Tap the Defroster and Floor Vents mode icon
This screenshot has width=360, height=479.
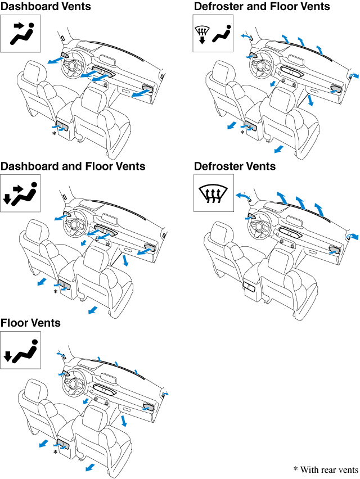tap(213, 34)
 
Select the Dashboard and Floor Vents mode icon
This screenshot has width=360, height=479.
tap(20, 193)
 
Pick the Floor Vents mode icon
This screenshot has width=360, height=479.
tap(20, 350)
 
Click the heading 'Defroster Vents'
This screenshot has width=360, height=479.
tap(235, 166)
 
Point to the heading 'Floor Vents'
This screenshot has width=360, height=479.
tap(30, 323)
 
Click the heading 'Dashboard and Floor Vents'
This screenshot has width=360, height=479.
tap(73, 166)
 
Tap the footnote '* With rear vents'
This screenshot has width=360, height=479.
tap(325, 469)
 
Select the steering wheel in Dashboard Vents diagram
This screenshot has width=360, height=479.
tap(73, 66)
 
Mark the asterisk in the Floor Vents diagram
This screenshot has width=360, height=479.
tap(55, 452)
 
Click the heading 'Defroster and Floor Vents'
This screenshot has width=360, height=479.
tap(262, 6)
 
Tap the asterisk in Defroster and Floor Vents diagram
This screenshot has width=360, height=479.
tap(242, 133)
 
